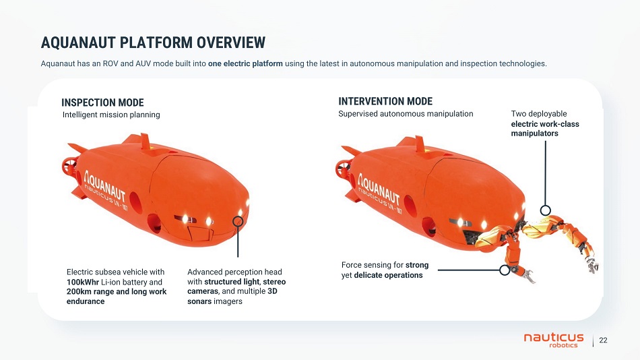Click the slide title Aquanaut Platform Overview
153,42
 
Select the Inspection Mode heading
102,102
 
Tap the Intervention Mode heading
385,101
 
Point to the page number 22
603,340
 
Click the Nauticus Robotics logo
554,340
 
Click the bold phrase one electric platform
245,63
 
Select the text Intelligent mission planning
111,115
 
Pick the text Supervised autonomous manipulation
406,114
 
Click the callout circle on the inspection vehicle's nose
238,221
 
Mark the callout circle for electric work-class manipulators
545,210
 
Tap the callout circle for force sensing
505,270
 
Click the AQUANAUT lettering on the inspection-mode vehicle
105,186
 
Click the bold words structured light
232,282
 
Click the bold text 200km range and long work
117,291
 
